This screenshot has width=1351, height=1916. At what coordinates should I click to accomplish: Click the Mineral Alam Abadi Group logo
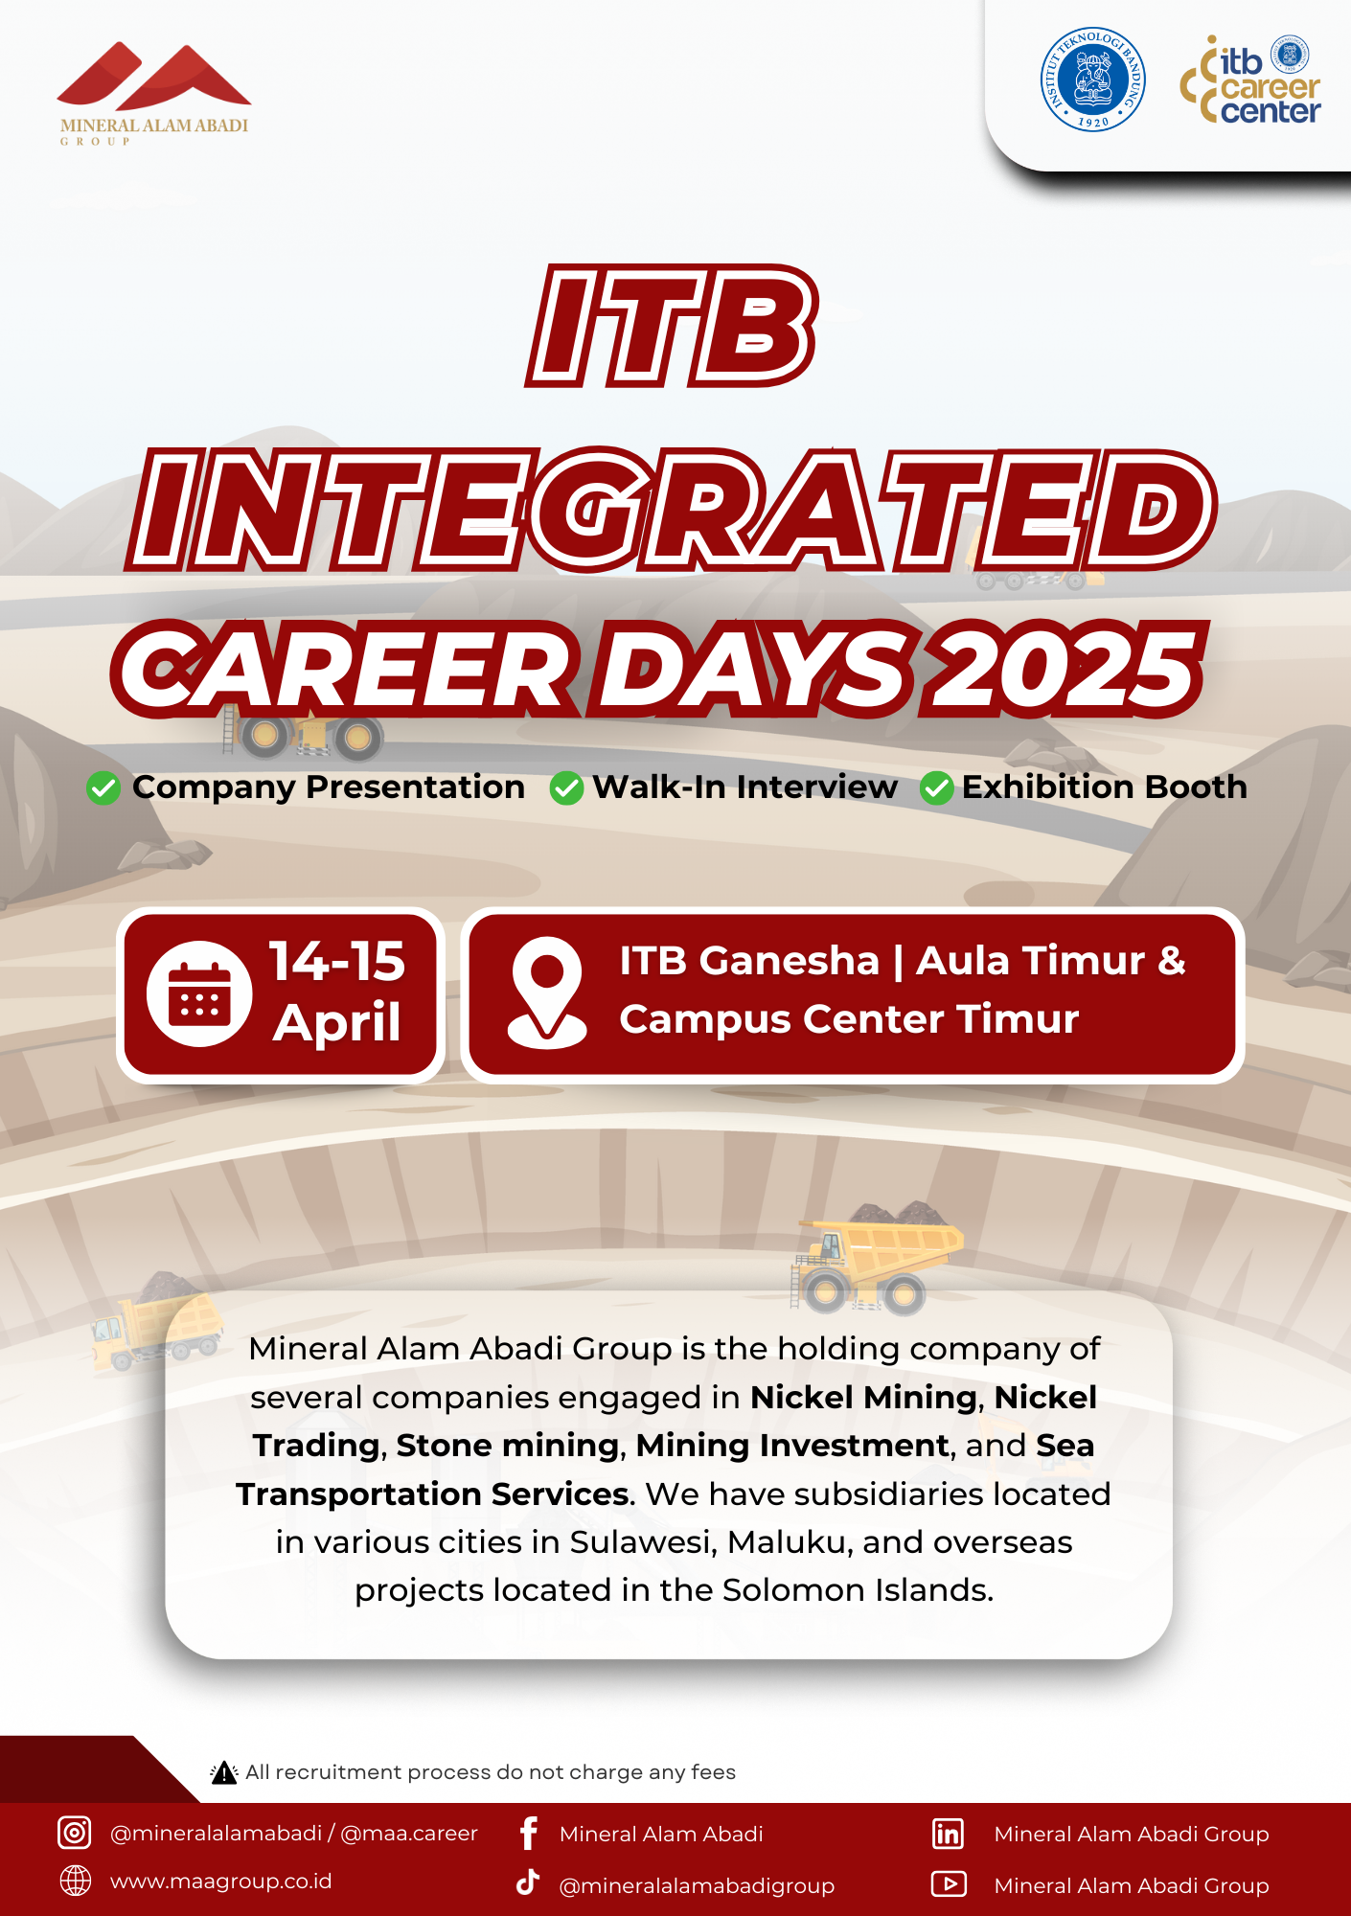(x=154, y=93)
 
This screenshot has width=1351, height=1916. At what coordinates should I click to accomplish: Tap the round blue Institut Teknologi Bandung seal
(x=1092, y=79)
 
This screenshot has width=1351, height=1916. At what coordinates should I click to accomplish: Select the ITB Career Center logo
(x=1250, y=80)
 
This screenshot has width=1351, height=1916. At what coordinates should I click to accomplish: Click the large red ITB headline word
(x=672, y=326)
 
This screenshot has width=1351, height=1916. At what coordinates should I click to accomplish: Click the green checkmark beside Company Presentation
(x=103, y=788)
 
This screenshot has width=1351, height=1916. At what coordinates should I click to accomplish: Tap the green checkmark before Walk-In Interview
(x=566, y=788)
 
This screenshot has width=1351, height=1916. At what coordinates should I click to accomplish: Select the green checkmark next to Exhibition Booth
(x=936, y=788)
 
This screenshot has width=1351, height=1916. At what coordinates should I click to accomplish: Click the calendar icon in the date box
(x=199, y=993)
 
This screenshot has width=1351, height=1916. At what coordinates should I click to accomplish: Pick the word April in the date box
(x=337, y=1022)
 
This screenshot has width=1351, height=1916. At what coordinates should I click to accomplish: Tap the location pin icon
(x=547, y=992)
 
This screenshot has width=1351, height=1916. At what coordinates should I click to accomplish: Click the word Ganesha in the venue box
(x=790, y=961)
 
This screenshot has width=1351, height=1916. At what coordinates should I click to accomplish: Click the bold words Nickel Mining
(x=863, y=1398)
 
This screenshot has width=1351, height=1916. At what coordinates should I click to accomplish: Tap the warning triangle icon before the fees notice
(x=224, y=1772)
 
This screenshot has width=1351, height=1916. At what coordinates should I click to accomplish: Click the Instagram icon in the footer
(x=75, y=1832)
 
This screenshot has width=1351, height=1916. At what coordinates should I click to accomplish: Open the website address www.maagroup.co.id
(x=221, y=1882)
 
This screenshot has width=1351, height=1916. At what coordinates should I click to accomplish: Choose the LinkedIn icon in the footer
(x=949, y=1833)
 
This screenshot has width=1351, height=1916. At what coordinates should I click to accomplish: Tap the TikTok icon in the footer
(x=528, y=1882)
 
